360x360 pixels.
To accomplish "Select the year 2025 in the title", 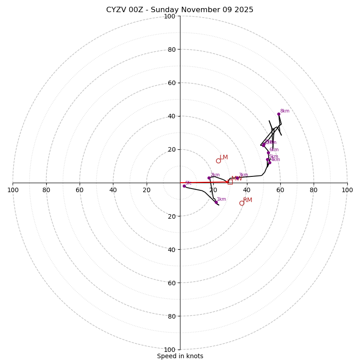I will (243, 10).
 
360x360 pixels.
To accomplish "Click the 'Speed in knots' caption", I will (180, 356).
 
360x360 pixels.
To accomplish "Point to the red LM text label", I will (224, 157).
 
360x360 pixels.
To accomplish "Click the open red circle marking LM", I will (218, 161).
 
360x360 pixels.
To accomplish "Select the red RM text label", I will (247, 200).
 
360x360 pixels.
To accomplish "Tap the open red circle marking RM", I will (242, 203).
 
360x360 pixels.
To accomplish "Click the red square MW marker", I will (230, 182).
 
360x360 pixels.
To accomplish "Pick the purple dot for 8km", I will (279, 114).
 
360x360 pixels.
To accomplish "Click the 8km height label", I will (285, 111).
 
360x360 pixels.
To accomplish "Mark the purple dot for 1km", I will (216, 202).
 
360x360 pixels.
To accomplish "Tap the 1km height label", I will (221, 199).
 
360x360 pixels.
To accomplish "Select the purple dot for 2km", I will (209, 178).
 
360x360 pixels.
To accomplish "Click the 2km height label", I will (215, 175).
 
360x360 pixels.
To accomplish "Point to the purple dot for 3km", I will (237, 178).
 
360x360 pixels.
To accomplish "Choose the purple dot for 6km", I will (268, 153).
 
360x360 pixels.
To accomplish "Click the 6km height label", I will (274, 150).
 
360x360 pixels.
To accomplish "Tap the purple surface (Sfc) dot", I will (184, 186).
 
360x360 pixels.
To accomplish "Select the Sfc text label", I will (189, 183).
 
